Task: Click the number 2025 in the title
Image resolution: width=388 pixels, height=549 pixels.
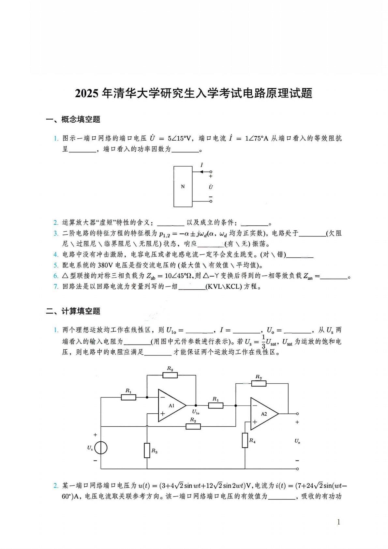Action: (86, 94)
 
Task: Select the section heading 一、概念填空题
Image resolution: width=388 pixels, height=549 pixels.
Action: (73, 119)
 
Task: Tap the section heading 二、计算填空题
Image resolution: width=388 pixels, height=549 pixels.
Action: (73, 311)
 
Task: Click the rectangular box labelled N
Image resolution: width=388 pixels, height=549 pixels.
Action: (183, 187)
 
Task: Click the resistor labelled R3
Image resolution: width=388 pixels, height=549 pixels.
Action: (147, 450)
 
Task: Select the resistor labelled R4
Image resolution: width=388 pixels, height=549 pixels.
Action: (245, 440)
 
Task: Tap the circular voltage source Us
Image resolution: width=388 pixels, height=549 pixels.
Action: (101, 448)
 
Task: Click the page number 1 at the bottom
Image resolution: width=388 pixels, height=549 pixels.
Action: (338, 522)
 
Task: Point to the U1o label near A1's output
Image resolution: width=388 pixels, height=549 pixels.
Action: (196, 412)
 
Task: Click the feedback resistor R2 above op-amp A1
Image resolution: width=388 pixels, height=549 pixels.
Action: (170, 375)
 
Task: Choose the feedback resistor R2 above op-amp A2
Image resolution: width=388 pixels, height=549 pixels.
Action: (259, 384)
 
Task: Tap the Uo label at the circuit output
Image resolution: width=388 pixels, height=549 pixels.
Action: (297, 441)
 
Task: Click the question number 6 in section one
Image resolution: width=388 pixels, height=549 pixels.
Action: (56, 276)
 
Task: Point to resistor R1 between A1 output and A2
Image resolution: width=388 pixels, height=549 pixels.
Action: (216, 405)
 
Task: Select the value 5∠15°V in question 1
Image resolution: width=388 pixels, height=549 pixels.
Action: (179, 138)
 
